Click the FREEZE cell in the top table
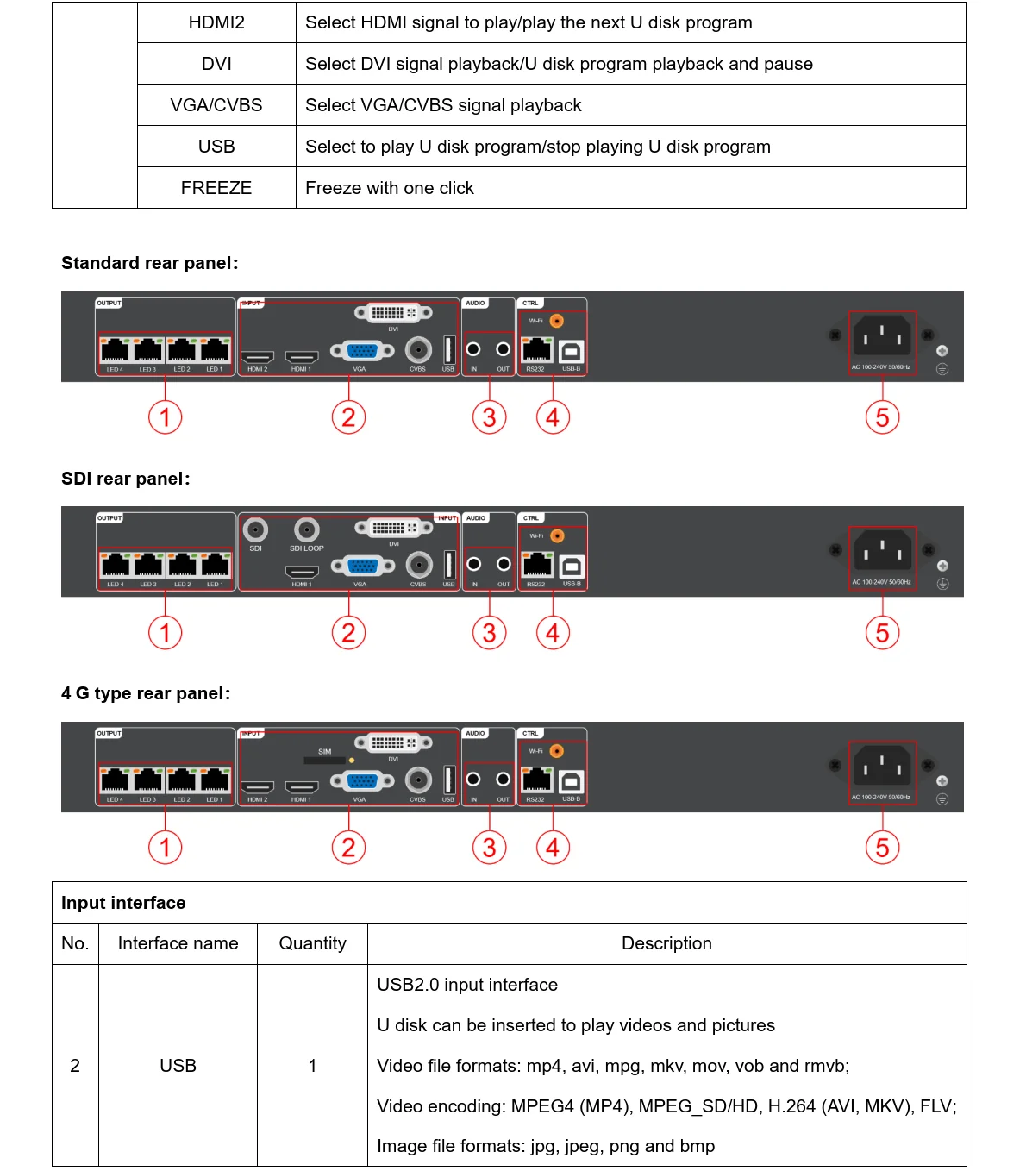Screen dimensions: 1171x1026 tap(216, 188)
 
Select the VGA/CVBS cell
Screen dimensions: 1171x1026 tap(216, 105)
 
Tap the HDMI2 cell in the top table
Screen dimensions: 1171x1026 tap(216, 22)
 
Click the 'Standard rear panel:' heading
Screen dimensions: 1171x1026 tap(149, 263)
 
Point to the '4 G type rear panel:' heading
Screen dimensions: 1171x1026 tap(146, 693)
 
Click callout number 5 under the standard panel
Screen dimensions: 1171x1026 tap(882, 417)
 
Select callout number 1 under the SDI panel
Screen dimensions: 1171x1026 tap(165, 632)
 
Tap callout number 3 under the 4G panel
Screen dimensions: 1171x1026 tap(489, 847)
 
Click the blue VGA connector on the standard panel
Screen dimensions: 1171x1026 tap(362, 350)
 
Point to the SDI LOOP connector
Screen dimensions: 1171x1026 tap(307, 529)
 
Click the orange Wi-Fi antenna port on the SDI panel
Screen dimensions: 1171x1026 tap(557, 535)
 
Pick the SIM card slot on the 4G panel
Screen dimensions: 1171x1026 tap(324, 761)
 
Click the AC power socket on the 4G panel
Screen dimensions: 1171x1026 tap(881, 765)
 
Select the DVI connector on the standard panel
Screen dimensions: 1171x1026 tap(392, 313)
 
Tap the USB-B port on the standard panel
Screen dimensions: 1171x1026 tap(572, 352)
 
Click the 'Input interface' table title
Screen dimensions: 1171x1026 tap(123, 903)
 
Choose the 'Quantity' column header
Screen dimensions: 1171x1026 tap(312, 943)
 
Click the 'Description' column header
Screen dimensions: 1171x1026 tap(666, 943)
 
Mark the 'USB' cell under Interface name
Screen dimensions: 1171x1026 tap(178, 1066)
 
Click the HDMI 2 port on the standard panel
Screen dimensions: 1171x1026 tap(257, 356)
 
